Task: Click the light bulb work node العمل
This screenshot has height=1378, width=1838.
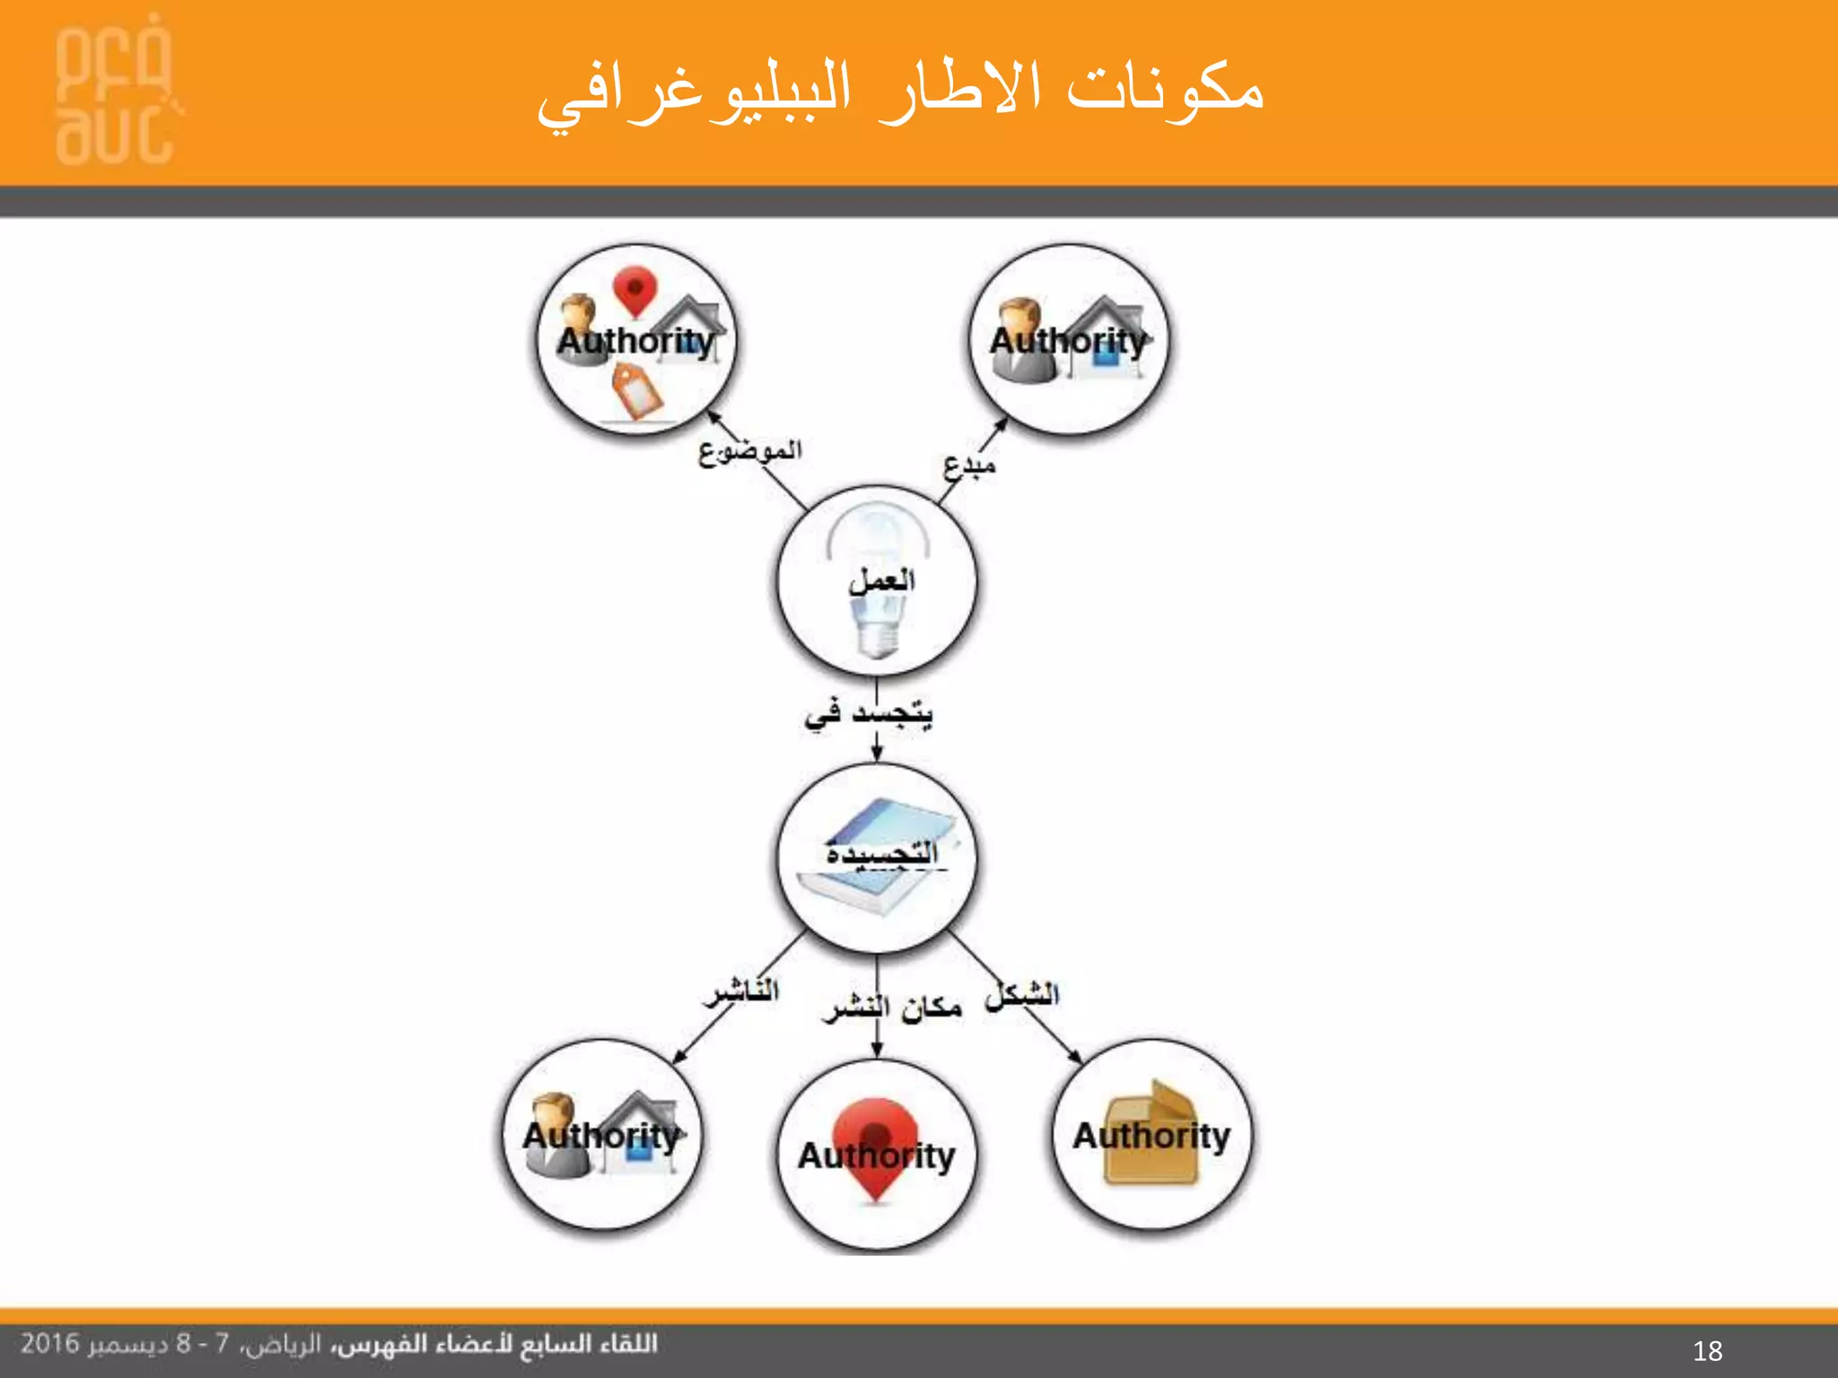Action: coord(877,581)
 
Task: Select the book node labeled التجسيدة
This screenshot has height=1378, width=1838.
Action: coord(877,857)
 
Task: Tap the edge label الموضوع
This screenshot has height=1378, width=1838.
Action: coord(750,451)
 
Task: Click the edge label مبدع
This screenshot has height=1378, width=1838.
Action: coord(969,466)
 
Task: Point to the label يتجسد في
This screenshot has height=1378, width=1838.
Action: coord(869,714)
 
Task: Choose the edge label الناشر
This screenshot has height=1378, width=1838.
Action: coord(741,992)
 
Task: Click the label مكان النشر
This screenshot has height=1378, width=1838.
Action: coord(892,1008)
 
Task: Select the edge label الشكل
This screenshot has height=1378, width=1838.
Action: coord(1022,995)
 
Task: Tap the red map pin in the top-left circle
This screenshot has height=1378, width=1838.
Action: coord(635,290)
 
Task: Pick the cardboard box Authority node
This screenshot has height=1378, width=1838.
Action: coord(1151,1135)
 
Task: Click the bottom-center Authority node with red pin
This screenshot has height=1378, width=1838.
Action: coord(876,1156)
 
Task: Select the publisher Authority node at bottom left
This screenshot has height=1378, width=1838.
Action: coord(601,1135)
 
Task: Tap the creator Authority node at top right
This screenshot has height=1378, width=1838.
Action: coord(1069,340)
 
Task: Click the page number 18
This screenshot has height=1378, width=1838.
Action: coord(1707,1350)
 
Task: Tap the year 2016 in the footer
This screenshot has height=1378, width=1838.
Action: coord(50,1344)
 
